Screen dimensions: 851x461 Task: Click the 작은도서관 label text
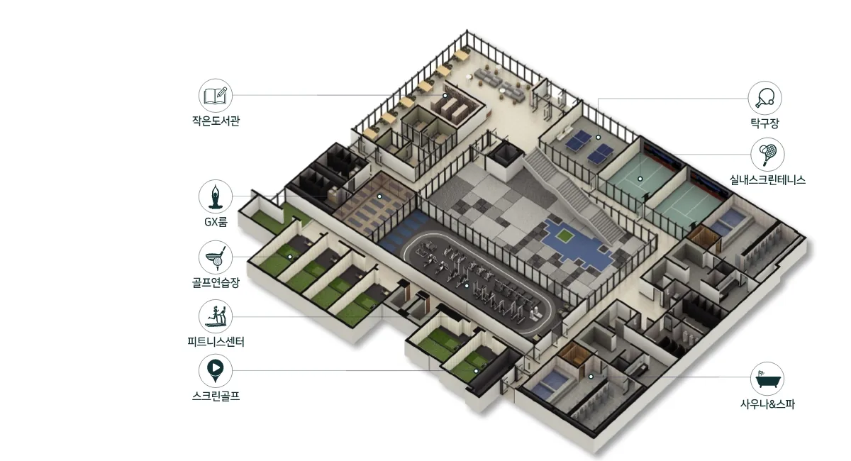click(x=216, y=121)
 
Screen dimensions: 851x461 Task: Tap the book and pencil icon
click(x=216, y=96)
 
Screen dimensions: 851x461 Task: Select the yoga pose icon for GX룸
click(x=216, y=196)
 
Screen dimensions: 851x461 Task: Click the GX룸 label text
click(x=216, y=221)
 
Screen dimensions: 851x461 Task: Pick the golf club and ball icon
click(x=216, y=257)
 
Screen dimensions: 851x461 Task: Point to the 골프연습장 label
click(x=216, y=282)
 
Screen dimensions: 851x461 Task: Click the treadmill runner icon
click(x=216, y=316)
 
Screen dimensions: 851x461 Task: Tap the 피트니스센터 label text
click(x=216, y=342)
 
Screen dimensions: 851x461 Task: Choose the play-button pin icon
click(x=216, y=370)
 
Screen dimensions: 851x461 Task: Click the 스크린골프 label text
click(x=216, y=396)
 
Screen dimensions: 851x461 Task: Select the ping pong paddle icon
click(x=764, y=98)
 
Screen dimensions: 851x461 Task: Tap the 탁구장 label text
click(x=764, y=123)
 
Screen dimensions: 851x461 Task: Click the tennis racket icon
click(x=767, y=155)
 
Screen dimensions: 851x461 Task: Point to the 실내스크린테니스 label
click(x=767, y=179)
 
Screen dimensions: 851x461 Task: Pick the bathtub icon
click(x=767, y=379)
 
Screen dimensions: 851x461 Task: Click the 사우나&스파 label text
click(x=767, y=404)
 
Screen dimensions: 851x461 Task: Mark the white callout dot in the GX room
click(x=379, y=196)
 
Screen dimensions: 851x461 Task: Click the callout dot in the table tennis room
click(x=599, y=137)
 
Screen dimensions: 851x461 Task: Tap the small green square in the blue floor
click(x=563, y=235)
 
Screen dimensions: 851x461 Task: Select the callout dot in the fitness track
click(x=467, y=286)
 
